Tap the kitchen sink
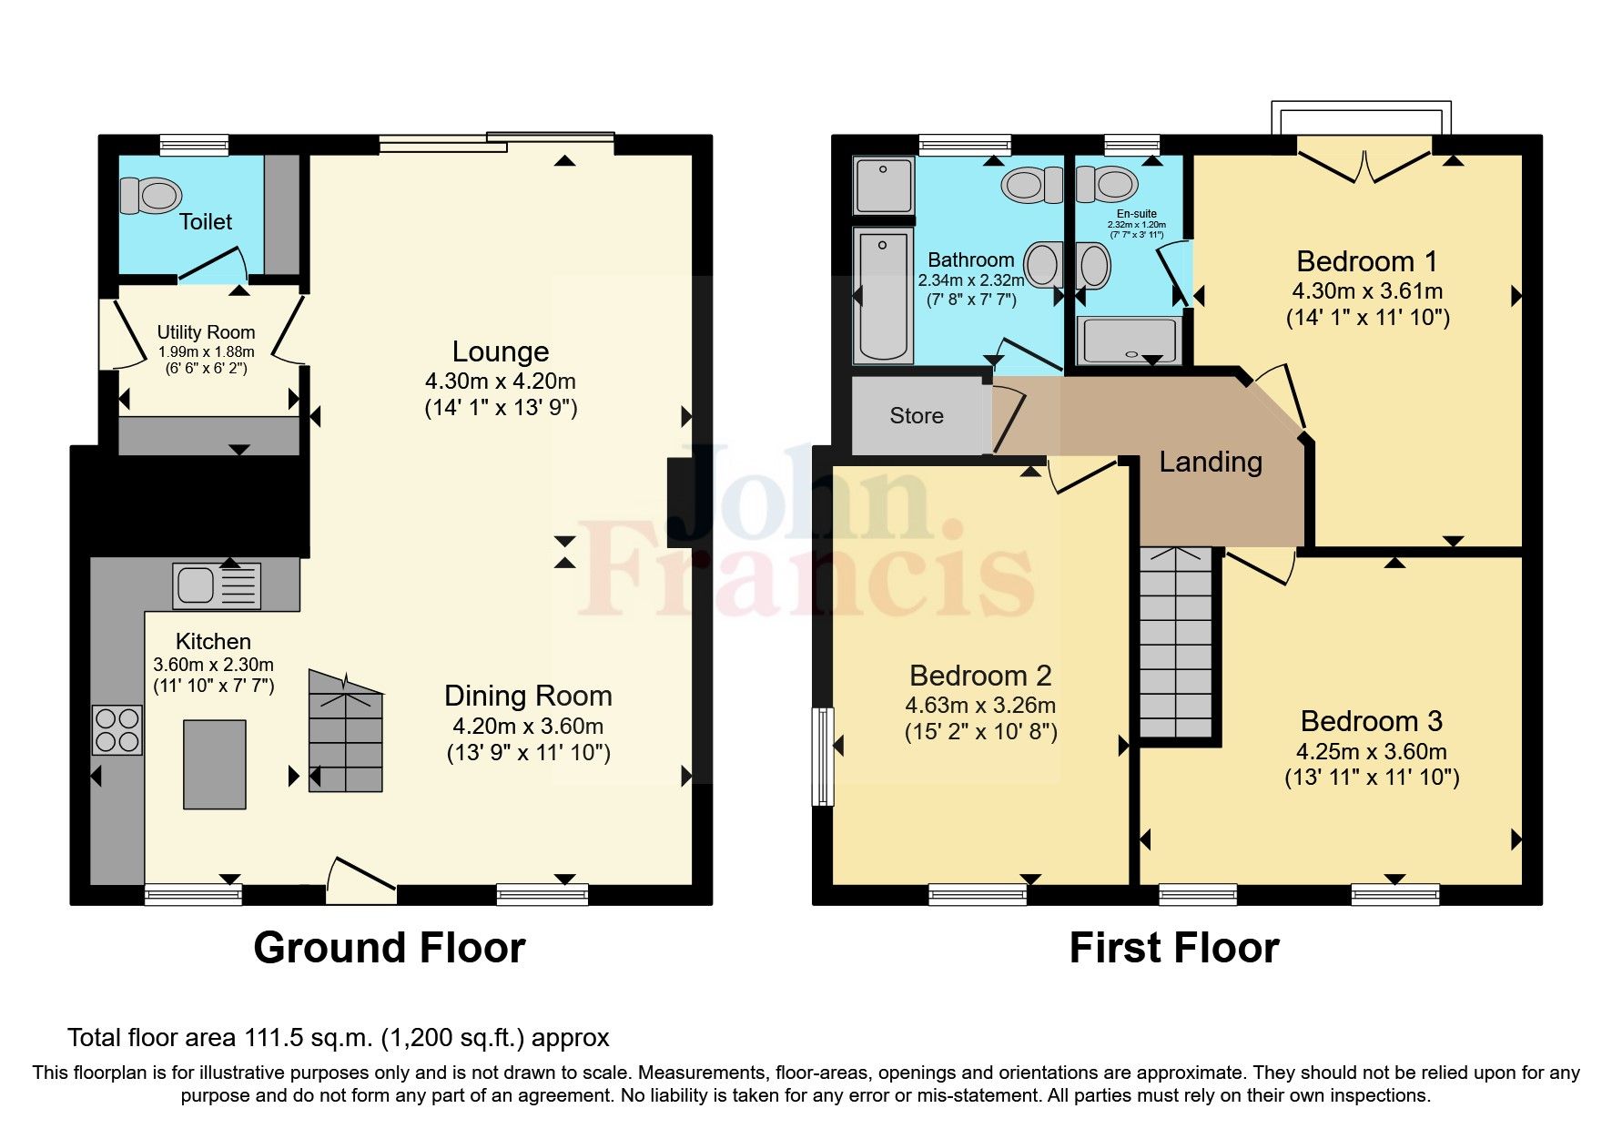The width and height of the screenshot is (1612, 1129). [216, 585]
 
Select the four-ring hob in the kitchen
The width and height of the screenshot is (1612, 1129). [117, 730]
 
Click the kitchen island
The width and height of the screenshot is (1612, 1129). [215, 764]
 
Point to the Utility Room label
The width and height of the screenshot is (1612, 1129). [206, 332]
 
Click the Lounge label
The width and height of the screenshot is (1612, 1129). [501, 351]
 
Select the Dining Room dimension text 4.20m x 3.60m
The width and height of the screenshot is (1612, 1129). [528, 727]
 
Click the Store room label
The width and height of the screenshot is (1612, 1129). [916, 416]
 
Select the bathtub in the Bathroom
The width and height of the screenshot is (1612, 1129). [883, 295]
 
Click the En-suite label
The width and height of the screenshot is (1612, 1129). [1136, 214]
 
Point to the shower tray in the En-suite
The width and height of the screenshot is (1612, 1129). [1128, 341]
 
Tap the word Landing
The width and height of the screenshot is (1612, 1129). [1210, 463]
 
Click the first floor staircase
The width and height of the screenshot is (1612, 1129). [1176, 642]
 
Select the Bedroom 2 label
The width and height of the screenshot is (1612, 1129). [980, 676]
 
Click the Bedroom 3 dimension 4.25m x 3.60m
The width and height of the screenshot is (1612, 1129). [1371, 752]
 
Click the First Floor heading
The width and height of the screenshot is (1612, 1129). [1173, 948]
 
